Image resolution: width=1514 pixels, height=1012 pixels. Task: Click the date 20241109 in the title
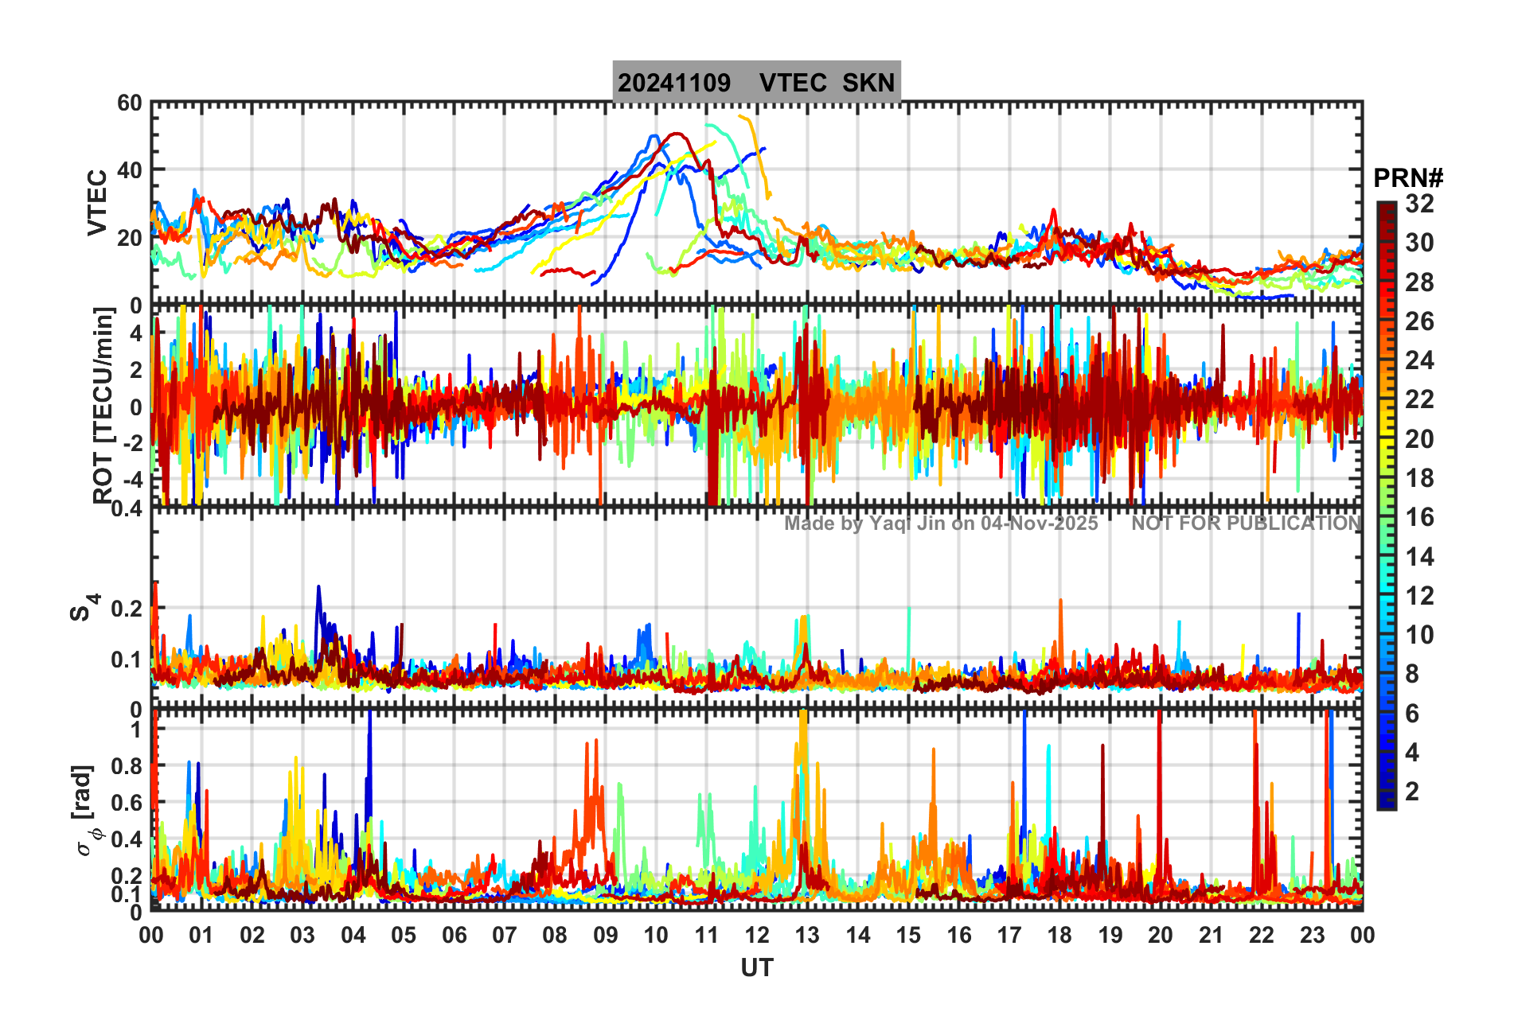pos(674,83)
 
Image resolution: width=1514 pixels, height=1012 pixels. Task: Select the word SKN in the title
pos(868,83)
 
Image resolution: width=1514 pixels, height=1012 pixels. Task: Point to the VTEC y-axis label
pos(97,203)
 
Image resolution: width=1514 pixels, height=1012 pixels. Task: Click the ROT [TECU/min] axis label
pos(103,405)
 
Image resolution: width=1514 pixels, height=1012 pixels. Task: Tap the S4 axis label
pos(84,607)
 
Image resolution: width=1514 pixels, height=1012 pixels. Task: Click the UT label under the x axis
pos(756,967)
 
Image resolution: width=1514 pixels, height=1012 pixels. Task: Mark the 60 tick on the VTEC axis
pos(130,103)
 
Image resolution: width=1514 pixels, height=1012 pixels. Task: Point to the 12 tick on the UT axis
pos(756,935)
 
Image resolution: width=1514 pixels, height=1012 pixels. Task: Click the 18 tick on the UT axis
pos(1059,935)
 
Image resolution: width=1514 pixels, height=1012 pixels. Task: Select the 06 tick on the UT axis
pos(454,935)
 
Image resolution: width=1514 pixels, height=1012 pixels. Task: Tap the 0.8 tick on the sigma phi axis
pos(127,766)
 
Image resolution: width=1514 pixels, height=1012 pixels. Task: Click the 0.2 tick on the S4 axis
pos(127,609)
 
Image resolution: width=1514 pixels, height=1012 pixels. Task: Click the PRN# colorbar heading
pos(1408,178)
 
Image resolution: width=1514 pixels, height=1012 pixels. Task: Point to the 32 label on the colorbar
pos(1419,204)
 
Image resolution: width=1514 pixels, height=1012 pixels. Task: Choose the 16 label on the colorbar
pos(1419,517)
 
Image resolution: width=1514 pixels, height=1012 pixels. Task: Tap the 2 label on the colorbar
pos(1413,791)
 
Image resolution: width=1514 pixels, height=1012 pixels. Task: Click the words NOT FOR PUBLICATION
pos(1247,524)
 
